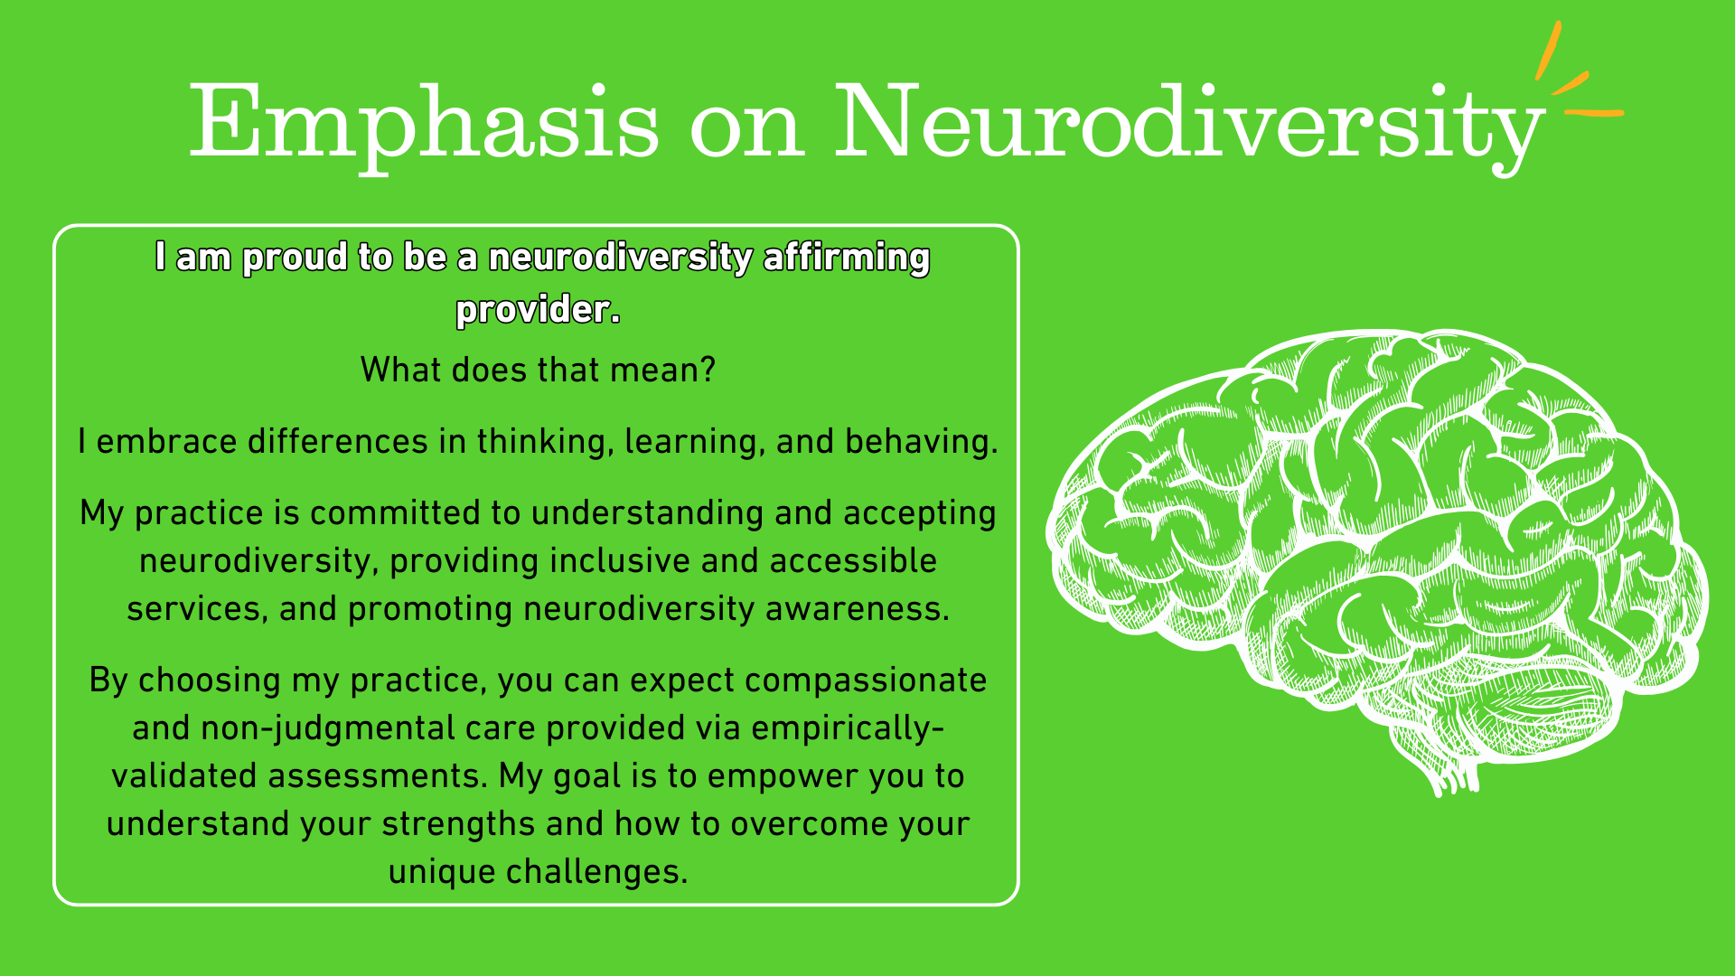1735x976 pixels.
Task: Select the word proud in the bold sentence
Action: click(295, 258)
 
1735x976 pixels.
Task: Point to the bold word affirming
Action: click(847, 258)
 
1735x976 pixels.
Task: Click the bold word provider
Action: click(539, 310)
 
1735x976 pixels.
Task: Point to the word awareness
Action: click(858, 608)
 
